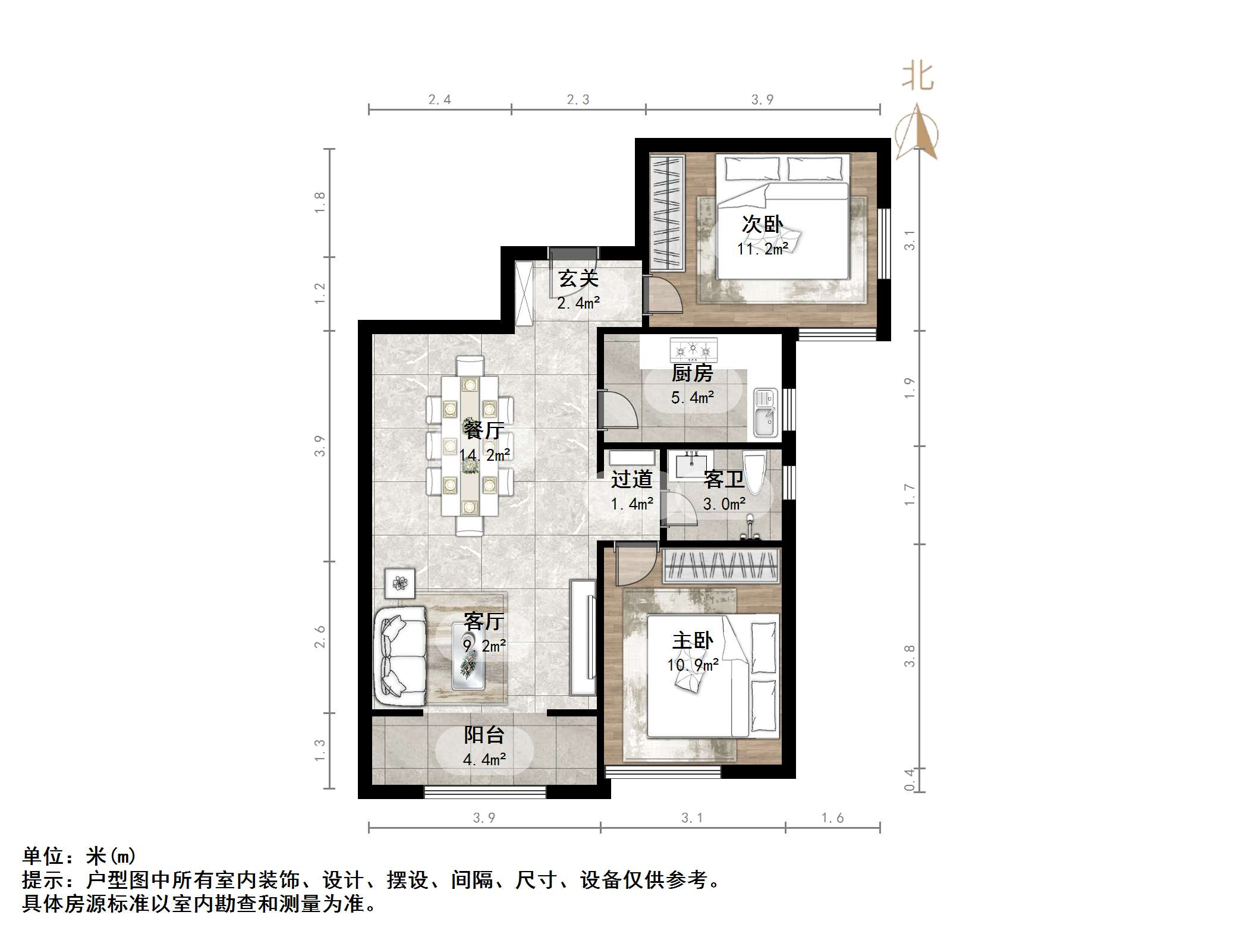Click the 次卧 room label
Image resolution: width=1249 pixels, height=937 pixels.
tap(762, 225)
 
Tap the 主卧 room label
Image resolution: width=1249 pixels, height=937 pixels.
tap(693, 641)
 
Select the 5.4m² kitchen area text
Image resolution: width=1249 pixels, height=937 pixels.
tap(693, 397)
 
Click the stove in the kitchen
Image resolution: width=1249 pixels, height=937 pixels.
tap(693, 350)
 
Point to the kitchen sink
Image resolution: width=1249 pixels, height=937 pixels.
tap(766, 413)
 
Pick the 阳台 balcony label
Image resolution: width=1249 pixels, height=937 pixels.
tap(484, 735)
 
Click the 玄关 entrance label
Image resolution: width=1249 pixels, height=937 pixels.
tap(578, 278)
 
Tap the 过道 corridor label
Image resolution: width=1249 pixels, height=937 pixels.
tap(631, 479)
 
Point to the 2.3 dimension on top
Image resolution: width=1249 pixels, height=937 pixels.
tap(578, 100)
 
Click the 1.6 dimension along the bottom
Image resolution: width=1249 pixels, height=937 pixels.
tap(832, 818)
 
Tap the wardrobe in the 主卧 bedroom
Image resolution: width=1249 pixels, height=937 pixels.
tap(721, 565)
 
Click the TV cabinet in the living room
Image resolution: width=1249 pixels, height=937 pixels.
tap(583, 637)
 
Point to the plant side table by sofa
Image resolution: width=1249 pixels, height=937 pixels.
tap(399, 583)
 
